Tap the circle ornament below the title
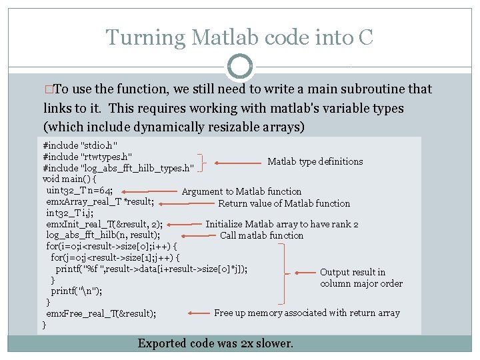240,67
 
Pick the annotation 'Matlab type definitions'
315,161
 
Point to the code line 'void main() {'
69,179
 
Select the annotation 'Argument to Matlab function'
241,192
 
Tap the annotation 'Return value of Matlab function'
284,203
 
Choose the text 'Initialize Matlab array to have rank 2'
282,225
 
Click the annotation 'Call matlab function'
261,235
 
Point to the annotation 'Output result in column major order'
361,277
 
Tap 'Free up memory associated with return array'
307,313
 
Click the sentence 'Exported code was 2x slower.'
215,343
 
